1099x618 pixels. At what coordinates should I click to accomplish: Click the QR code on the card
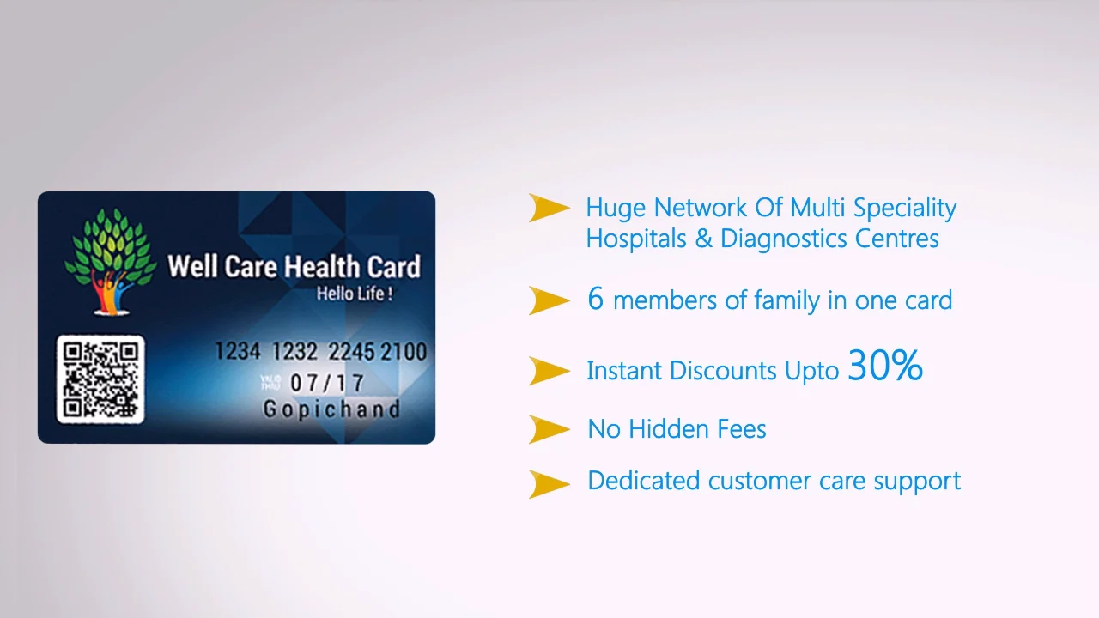tap(100, 379)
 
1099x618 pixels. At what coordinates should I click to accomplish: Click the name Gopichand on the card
tap(331, 409)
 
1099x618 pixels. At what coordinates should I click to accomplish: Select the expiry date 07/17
tap(327, 383)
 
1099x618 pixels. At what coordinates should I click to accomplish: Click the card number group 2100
tap(404, 352)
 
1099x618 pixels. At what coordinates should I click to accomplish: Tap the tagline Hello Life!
tap(355, 294)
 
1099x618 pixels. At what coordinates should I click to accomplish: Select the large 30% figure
tap(884, 366)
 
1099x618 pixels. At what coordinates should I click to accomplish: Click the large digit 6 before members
tap(596, 299)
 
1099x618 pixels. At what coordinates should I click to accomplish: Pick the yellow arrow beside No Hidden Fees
tap(549, 428)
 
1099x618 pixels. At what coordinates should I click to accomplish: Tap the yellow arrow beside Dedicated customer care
tap(549, 483)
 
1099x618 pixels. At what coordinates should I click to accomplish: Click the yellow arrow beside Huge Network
tap(549, 208)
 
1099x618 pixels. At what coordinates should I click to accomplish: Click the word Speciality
tap(908, 209)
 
